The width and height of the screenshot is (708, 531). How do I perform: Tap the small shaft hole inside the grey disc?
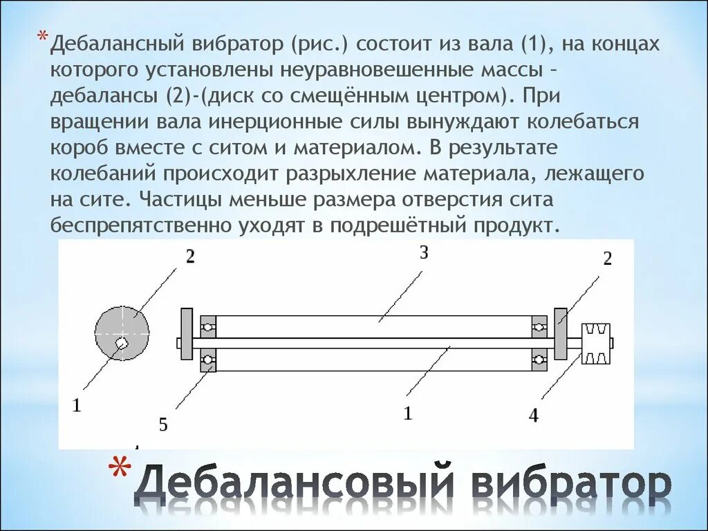click(x=122, y=342)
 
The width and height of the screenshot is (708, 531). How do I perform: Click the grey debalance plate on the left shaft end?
click(x=187, y=342)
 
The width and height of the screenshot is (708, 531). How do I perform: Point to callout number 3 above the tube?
click(x=424, y=253)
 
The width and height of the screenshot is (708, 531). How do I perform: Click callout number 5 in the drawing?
click(x=163, y=425)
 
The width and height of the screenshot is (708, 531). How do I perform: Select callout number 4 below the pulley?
click(x=533, y=416)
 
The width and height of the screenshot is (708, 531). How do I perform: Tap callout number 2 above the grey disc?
click(x=189, y=257)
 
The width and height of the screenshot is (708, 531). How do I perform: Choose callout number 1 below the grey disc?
click(x=77, y=406)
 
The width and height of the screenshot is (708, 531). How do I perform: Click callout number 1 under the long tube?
click(x=408, y=413)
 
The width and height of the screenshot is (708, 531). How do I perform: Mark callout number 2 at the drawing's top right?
click(x=607, y=259)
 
